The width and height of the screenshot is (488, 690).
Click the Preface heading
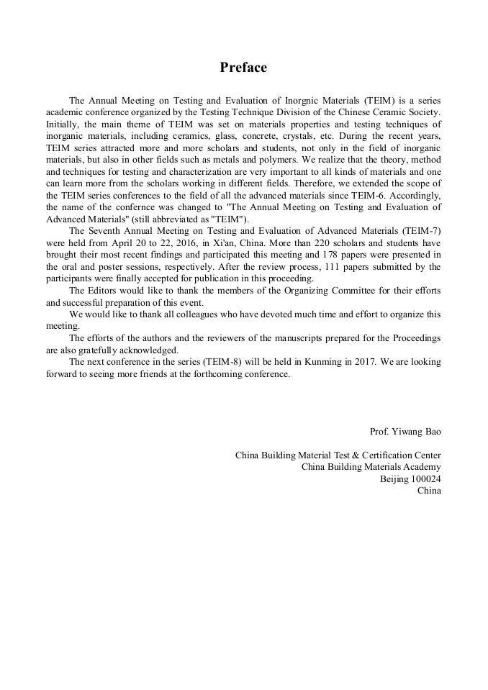(x=243, y=68)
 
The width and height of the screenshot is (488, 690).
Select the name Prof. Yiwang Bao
(x=405, y=432)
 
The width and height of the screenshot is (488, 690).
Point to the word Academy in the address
(x=423, y=467)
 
